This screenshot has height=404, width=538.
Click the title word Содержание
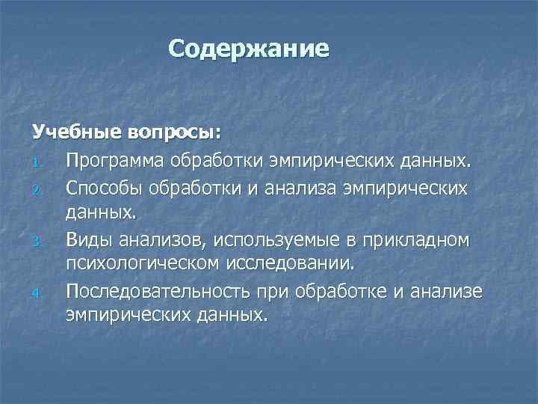coord(248,49)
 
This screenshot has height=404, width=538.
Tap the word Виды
coord(86,239)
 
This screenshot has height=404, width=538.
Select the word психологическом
coord(145,263)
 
